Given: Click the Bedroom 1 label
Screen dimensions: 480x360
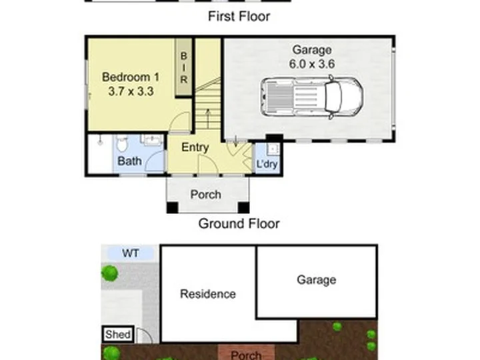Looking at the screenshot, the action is pyautogui.click(x=131, y=77).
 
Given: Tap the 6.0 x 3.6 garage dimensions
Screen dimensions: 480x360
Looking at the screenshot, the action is pyautogui.click(x=312, y=64).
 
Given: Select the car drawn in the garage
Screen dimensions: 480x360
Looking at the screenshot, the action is pyautogui.click(x=312, y=97).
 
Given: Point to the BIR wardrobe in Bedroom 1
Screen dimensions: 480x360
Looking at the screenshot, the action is pyautogui.click(x=184, y=67).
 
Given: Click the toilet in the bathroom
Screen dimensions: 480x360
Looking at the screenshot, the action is pyautogui.click(x=122, y=143).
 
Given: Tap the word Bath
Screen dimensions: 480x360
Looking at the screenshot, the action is pyautogui.click(x=129, y=161).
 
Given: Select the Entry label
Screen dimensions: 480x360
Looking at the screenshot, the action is pyautogui.click(x=195, y=147).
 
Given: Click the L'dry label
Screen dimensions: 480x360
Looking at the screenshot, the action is pyautogui.click(x=267, y=164).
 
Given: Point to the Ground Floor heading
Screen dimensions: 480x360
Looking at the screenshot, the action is pyautogui.click(x=239, y=223).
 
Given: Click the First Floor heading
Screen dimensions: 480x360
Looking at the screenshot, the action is pyautogui.click(x=239, y=16).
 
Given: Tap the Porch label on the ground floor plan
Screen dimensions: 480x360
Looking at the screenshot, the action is pyautogui.click(x=206, y=195).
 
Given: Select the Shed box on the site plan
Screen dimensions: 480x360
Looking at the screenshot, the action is pyautogui.click(x=118, y=334).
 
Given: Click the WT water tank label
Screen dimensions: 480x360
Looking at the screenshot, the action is pyautogui.click(x=131, y=253).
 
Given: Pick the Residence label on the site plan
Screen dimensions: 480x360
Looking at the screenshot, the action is pyautogui.click(x=208, y=294).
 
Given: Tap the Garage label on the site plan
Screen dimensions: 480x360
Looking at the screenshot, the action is pyautogui.click(x=317, y=280).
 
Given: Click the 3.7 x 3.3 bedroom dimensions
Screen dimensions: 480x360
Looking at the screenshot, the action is pyautogui.click(x=131, y=91).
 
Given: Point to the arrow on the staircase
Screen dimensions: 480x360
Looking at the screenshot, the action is pyautogui.click(x=208, y=119).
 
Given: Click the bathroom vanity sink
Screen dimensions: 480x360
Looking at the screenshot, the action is pyautogui.click(x=151, y=139).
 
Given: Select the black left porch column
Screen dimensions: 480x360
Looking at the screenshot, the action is pyautogui.click(x=172, y=207).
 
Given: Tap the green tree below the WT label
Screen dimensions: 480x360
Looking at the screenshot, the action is pyautogui.click(x=109, y=273).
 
